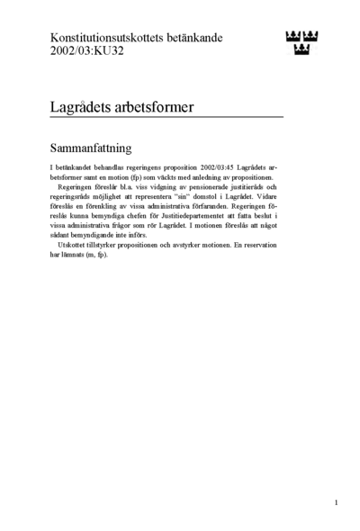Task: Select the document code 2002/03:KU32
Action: [x=87, y=52]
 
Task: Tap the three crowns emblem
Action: [x=301, y=42]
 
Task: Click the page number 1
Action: [x=336, y=502]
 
